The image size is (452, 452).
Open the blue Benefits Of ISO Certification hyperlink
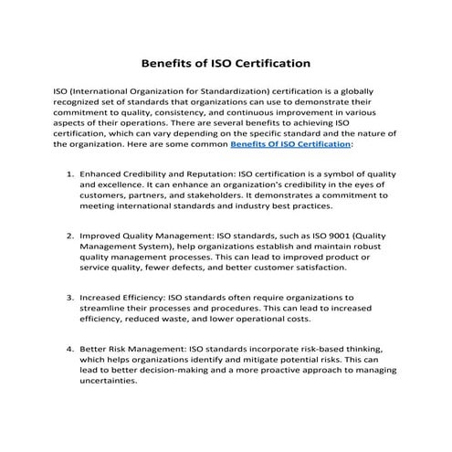(x=289, y=144)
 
